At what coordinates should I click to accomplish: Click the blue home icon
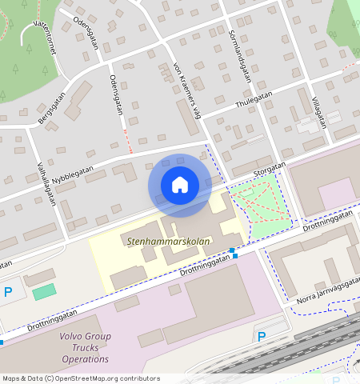pyautogui.click(x=180, y=185)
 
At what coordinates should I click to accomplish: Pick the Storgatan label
pyautogui.click(x=270, y=168)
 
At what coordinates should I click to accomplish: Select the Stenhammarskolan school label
pyautogui.click(x=157, y=239)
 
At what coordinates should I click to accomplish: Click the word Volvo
pyautogui.click(x=73, y=337)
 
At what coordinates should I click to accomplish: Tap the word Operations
pyautogui.click(x=85, y=359)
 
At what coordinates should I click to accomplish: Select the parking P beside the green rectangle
pyautogui.click(x=8, y=292)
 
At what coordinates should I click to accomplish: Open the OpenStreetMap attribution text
pyautogui.click(x=80, y=378)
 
